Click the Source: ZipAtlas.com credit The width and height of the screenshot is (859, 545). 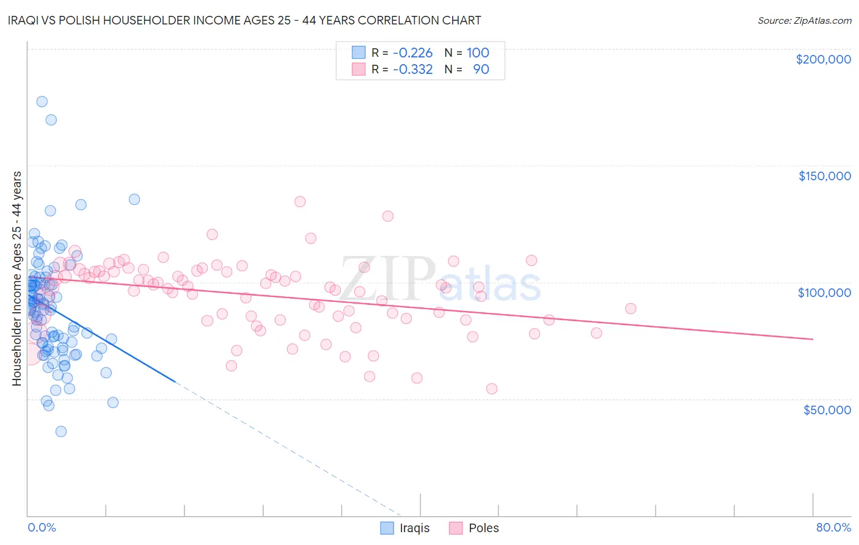[x=804, y=20]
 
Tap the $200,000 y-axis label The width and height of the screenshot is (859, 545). [x=823, y=59]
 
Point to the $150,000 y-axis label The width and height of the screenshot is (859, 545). [x=824, y=176]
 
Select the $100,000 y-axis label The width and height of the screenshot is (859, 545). [x=824, y=293]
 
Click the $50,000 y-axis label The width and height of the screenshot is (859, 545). [x=827, y=409]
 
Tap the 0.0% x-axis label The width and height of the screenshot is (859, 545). [x=42, y=527]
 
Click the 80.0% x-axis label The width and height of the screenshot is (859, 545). [x=833, y=527]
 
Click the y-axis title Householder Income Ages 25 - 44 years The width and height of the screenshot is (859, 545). [x=17, y=279]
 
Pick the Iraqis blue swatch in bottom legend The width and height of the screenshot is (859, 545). [x=387, y=528]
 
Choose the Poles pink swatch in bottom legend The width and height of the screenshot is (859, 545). [x=456, y=528]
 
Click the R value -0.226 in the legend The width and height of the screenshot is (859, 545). [x=412, y=53]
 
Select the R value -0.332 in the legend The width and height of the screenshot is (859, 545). [x=412, y=69]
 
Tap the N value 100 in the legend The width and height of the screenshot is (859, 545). [x=478, y=53]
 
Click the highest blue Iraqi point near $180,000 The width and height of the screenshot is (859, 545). [x=42, y=101]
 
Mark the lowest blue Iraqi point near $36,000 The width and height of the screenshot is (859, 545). [x=61, y=431]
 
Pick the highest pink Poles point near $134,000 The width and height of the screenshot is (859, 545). [x=300, y=202]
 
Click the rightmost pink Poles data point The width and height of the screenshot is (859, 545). [x=631, y=309]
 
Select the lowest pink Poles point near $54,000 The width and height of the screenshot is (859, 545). [x=492, y=389]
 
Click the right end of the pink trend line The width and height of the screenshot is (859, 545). [x=813, y=339]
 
